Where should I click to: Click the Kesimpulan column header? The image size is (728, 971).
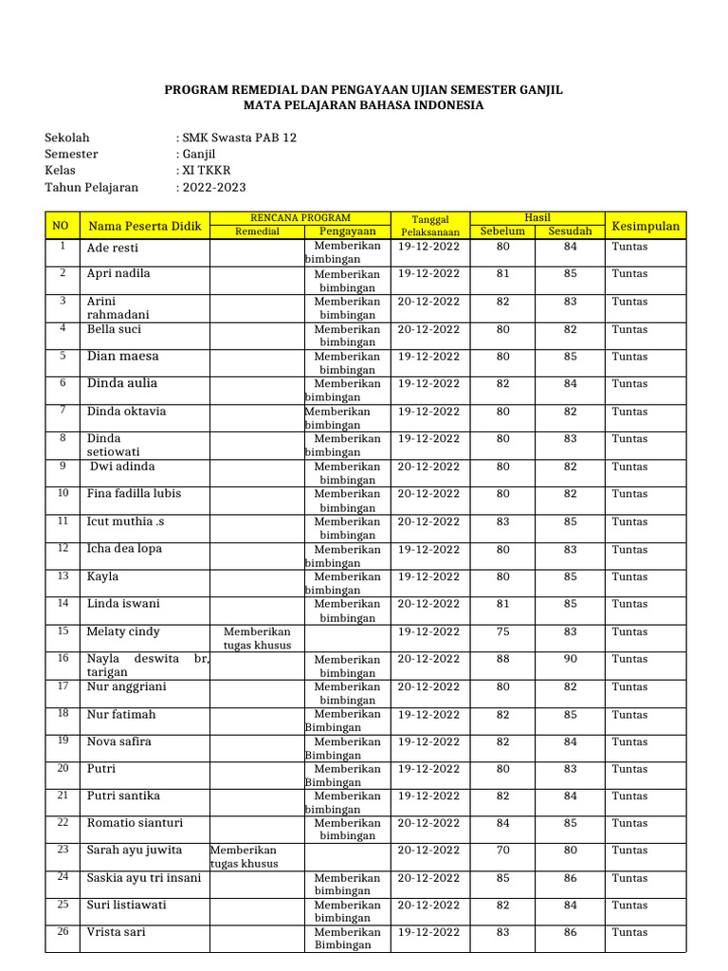coord(646,226)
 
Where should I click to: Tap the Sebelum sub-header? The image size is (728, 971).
coord(502,231)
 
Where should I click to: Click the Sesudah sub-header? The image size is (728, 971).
coord(570,231)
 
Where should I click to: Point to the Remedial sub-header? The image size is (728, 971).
coord(257,231)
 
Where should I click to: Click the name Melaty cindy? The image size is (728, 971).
coord(123,632)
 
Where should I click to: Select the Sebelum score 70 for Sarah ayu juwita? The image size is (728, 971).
coord(502,851)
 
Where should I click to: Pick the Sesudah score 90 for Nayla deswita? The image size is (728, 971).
coord(570,659)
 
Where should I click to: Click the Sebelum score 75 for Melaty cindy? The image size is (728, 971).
coord(502,632)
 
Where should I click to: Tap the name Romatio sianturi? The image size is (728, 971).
coord(135,823)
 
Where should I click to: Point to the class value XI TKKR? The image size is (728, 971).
coord(207,171)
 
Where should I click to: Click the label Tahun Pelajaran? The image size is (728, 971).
coord(91,188)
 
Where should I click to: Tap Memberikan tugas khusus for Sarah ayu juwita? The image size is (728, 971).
coord(245,857)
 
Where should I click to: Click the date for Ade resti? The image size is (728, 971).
coord(428,247)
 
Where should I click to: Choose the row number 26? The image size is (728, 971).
coord(63,931)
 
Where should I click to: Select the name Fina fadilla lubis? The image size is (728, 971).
coord(134,494)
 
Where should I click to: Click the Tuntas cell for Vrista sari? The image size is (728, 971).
coord(629,933)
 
